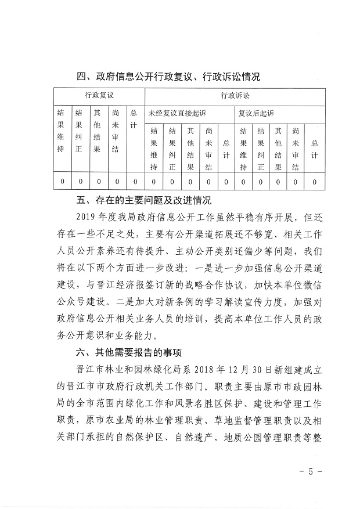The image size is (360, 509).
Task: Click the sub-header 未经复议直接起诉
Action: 177,112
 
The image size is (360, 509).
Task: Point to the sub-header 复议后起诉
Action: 256,112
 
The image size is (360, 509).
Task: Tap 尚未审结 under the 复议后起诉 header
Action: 297,149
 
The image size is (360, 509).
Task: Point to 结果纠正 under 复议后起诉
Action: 261,149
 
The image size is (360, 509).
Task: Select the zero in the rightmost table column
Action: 315,182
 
